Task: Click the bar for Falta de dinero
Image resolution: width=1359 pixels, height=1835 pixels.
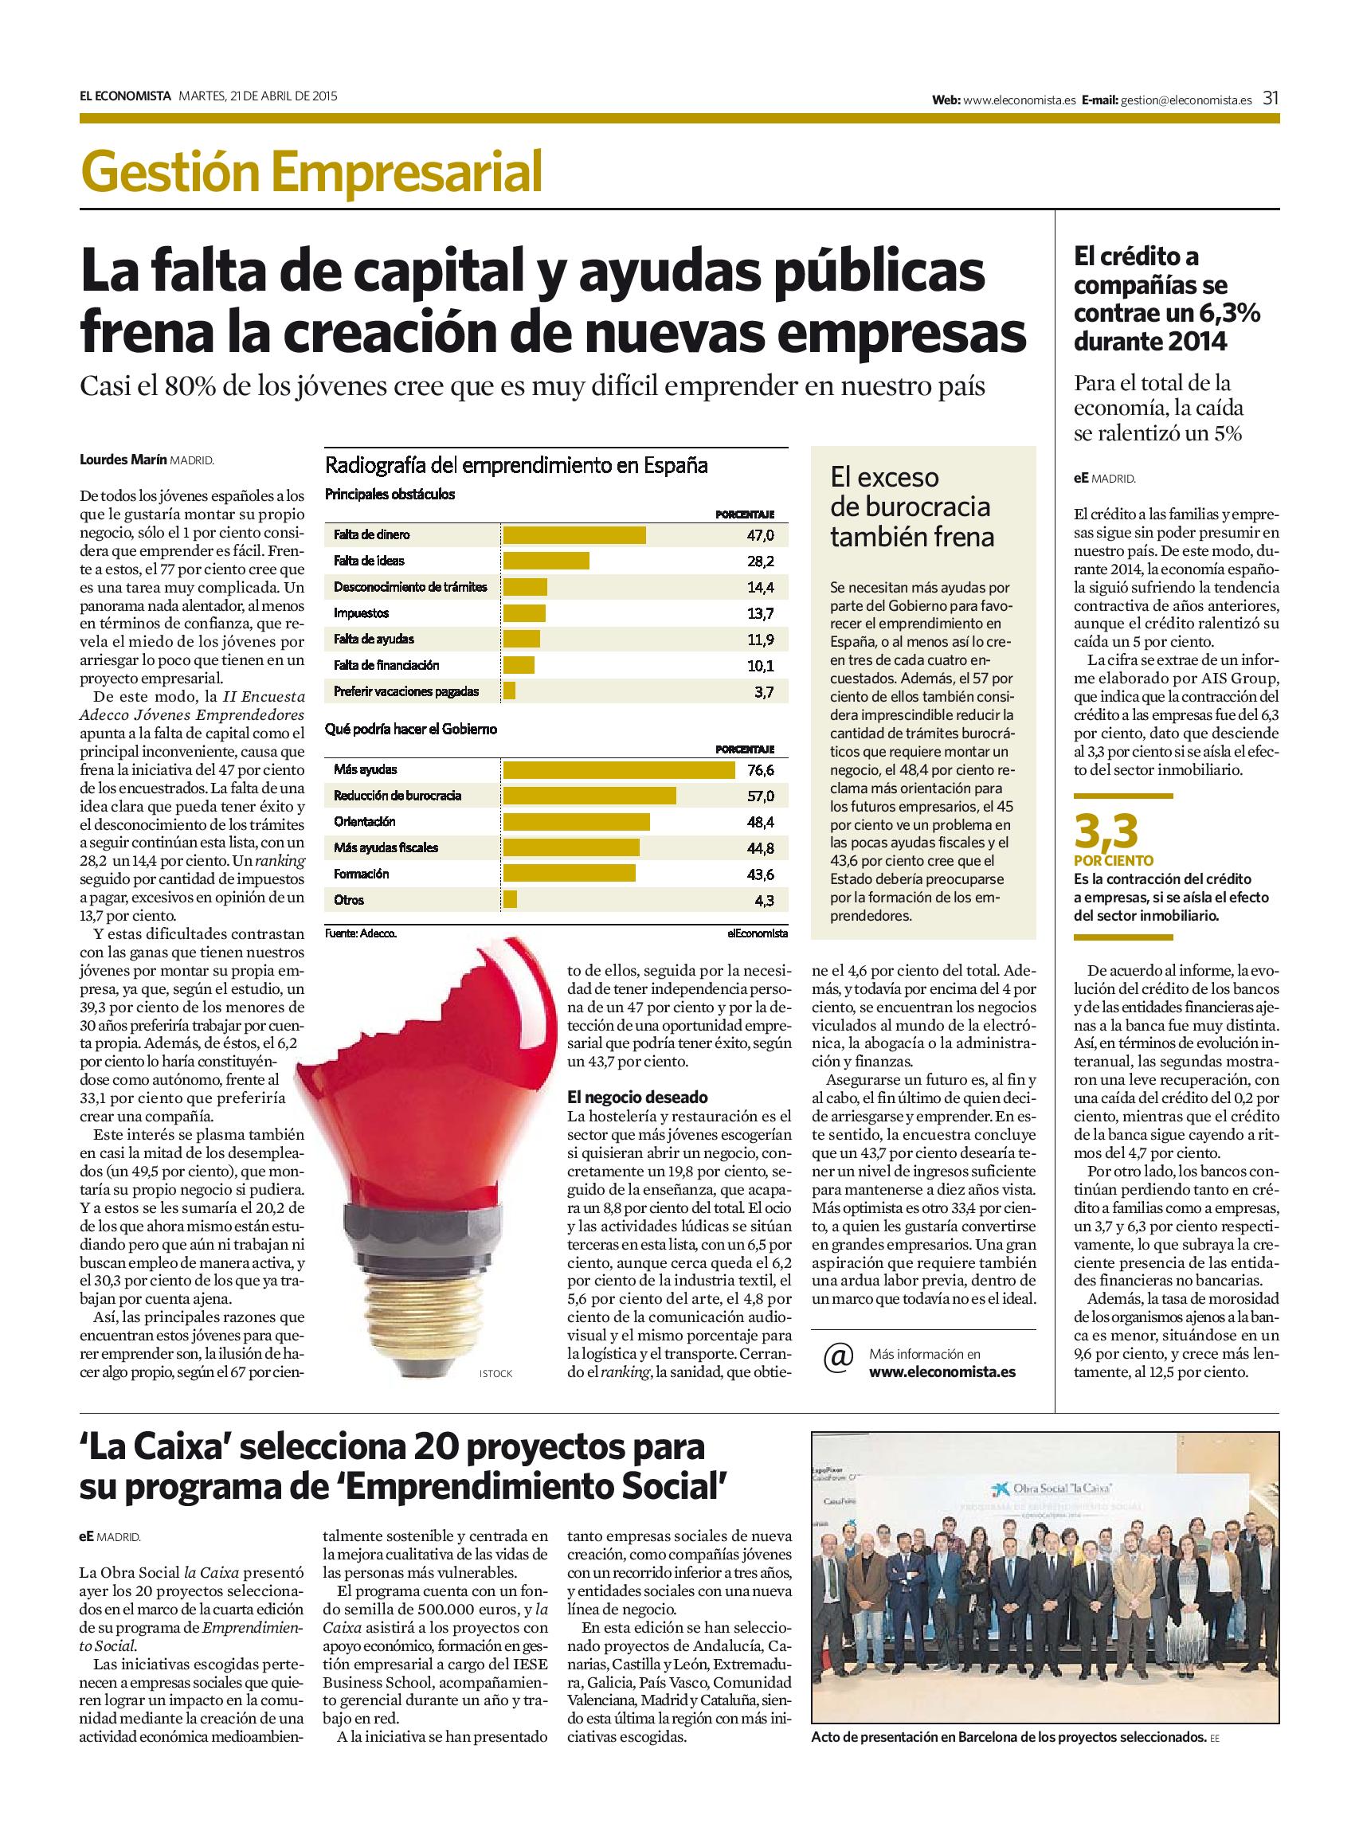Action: tap(574, 534)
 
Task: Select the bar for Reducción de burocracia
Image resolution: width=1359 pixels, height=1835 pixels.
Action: tap(589, 796)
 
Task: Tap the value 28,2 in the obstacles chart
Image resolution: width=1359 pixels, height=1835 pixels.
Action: tap(763, 561)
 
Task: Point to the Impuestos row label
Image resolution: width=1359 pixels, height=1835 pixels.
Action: tap(361, 612)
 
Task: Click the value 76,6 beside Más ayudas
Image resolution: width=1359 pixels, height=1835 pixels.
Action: tap(763, 770)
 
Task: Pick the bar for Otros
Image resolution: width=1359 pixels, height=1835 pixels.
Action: tap(510, 900)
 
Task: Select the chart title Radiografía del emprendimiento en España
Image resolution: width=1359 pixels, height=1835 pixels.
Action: tap(517, 466)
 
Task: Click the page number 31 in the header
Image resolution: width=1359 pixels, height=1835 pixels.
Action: tap(1270, 99)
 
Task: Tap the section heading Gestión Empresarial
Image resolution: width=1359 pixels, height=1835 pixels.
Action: tap(311, 172)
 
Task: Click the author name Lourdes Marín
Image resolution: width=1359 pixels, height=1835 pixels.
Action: tap(123, 461)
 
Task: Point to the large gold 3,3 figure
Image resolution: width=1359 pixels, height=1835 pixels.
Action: tap(1106, 831)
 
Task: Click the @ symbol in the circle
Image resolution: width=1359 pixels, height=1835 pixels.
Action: tap(837, 1361)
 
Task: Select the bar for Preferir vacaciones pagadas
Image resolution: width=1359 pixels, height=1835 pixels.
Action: tap(509, 692)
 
